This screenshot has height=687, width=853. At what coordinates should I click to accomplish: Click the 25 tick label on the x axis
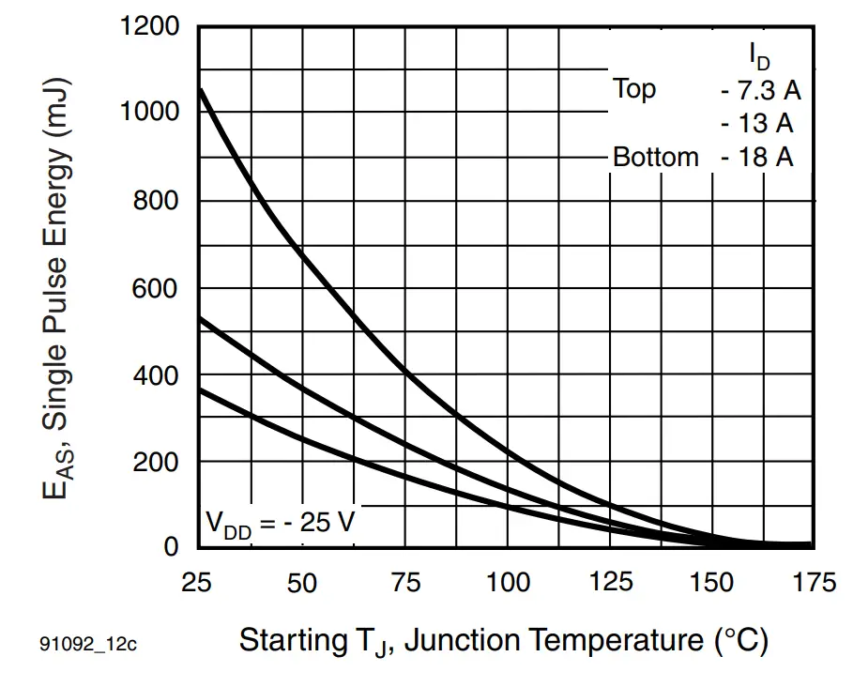(x=199, y=583)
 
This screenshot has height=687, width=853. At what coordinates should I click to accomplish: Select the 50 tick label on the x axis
(x=301, y=583)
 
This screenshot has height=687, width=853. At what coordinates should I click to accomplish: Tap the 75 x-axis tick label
(x=404, y=583)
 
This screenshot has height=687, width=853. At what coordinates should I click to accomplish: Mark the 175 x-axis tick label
(x=813, y=583)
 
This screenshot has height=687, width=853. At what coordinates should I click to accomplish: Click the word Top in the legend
(x=634, y=89)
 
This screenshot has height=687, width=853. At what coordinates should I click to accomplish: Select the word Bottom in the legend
(x=656, y=157)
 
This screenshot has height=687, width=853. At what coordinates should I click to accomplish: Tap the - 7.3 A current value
(x=761, y=90)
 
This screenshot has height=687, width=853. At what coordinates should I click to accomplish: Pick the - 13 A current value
(x=757, y=123)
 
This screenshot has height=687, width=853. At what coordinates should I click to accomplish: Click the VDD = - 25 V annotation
(x=281, y=522)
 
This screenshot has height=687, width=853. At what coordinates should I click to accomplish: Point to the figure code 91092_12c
(x=88, y=645)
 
